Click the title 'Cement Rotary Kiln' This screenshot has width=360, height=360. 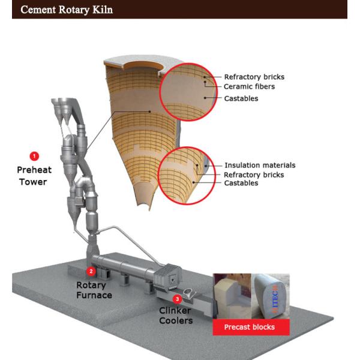pyautogui.click(x=67, y=10)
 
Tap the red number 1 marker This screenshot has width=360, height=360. pyautogui.click(x=34, y=157)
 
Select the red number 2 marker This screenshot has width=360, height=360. pyautogui.click(x=91, y=271)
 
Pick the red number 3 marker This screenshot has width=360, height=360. pyautogui.click(x=177, y=299)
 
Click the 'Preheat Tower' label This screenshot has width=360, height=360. pyautogui.click(x=34, y=176)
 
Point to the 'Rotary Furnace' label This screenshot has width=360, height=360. pyautogui.click(x=94, y=290)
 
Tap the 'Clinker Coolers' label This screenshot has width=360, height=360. pyautogui.click(x=176, y=316)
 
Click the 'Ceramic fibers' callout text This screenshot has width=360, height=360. pyautogui.click(x=250, y=86)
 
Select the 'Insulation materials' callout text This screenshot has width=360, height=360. pyautogui.click(x=260, y=165)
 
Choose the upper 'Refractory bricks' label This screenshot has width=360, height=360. pyautogui.click(x=254, y=77)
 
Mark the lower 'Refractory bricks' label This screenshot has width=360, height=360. pyautogui.click(x=254, y=175)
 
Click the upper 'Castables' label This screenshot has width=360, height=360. pyautogui.click(x=241, y=98)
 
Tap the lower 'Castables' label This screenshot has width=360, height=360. pyautogui.click(x=241, y=183)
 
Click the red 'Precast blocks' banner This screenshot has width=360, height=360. pyautogui.click(x=251, y=327)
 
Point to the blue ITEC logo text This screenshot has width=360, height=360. pyautogui.click(x=275, y=299)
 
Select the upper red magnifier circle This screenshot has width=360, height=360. pyautogui.click(x=160, y=92)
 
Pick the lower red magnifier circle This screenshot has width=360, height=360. pyautogui.click(x=158, y=176)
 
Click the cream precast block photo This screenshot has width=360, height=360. pyautogui.click(x=232, y=296)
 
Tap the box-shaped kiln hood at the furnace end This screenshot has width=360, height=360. pyautogui.click(x=168, y=277)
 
